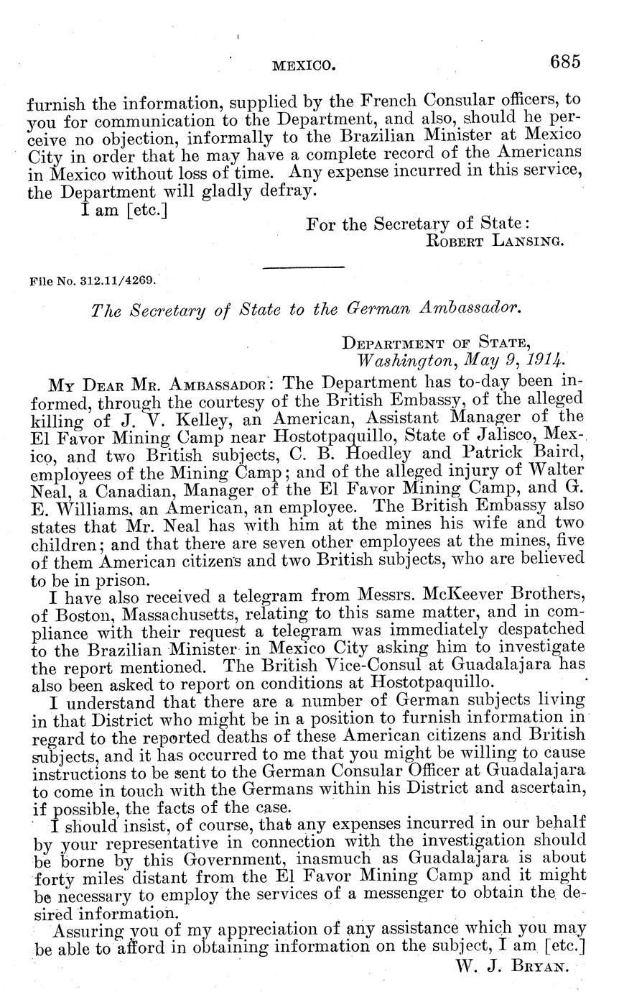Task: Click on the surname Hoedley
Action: [x=376, y=454]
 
